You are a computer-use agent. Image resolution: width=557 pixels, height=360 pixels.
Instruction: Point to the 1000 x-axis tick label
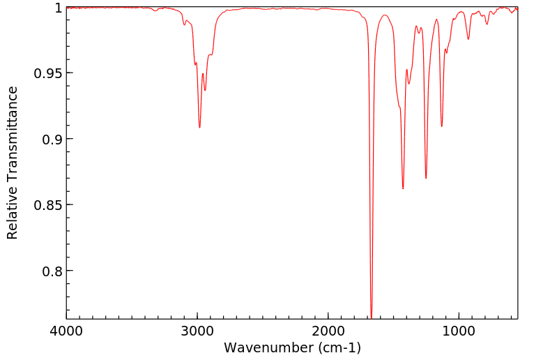(459, 331)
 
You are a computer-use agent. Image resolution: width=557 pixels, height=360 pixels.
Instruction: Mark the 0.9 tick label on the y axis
(52, 139)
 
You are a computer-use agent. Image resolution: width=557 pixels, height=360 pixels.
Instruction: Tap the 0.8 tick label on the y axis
(52, 271)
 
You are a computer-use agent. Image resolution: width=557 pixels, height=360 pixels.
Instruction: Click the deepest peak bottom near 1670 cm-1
(372, 317)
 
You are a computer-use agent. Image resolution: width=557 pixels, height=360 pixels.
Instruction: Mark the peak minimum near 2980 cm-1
(199, 128)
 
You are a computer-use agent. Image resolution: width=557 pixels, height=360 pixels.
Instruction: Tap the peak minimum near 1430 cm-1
(403, 188)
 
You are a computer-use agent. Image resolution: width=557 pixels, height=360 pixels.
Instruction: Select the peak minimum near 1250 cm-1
(426, 178)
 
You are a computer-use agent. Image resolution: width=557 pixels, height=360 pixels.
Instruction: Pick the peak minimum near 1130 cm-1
(442, 126)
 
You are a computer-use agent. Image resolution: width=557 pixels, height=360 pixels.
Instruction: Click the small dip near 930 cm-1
(468, 39)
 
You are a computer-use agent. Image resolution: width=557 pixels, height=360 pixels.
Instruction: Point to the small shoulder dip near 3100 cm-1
(185, 25)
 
